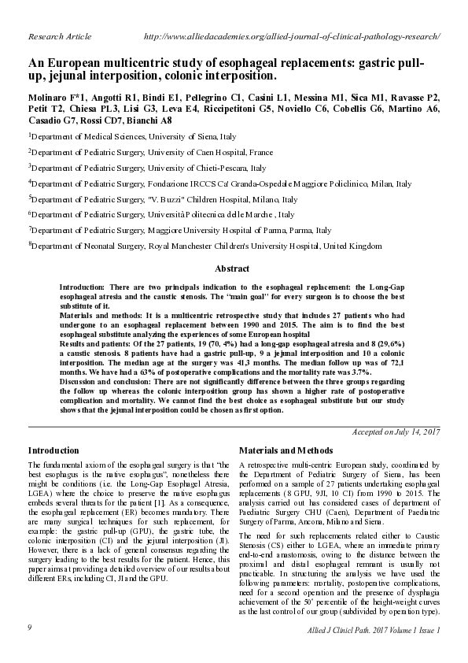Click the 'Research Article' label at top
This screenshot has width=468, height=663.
coord(60,37)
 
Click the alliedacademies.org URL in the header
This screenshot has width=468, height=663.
coord(292,37)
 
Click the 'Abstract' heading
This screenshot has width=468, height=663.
coord(232,269)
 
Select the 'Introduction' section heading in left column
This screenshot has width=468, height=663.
coord(53,450)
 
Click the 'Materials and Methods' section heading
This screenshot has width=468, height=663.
coord(282,450)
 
